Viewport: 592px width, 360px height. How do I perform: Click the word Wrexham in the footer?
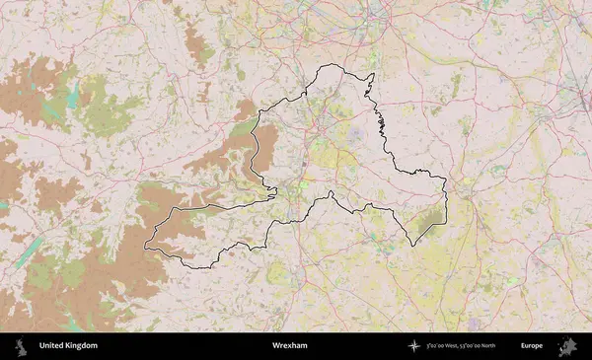pyautogui.click(x=290, y=346)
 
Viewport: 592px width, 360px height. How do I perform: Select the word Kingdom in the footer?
pyautogui.click(x=83, y=346)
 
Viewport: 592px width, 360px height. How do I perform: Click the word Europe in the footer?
pyautogui.click(x=532, y=346)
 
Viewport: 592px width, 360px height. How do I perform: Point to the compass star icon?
pyautogui.click(x=414, y=346)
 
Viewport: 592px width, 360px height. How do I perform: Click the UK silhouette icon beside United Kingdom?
pyautogui.click(x=20, y=346)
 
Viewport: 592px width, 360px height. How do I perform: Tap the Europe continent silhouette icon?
pyautogui.click(x=567, y=346)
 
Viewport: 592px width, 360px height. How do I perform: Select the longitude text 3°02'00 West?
pyautogui.click(x=447, y=346)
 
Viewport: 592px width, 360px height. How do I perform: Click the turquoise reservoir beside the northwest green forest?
pyautogui.click(x=72, y=97)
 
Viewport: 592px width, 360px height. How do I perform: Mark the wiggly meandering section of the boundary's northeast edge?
pyautogui.click(x=379, y=123)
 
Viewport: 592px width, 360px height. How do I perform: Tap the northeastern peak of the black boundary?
pyautogui.click(x=373, y=73)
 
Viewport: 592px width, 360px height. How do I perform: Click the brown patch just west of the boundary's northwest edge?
pyautogui.click(x=233, y=148)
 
